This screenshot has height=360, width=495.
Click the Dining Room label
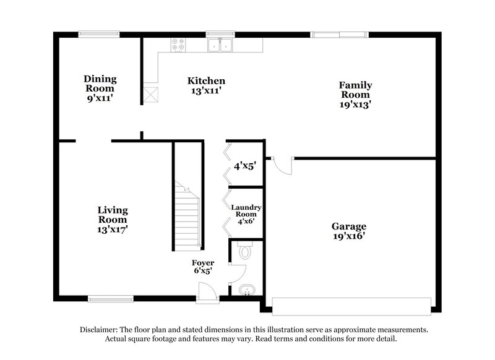pyautogui.click(x=100, y=84)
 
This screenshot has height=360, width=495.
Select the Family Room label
pyautogui.click(x=355, y=90)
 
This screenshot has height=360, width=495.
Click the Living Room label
pyautogui.click(x=113, y=215)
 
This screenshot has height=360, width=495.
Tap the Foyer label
pyautogui.click(x=202, y=263)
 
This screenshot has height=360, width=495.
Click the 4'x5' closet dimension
pyautogui.click(x=244, y=166)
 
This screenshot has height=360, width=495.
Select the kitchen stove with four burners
pyautogui.click(x=178, y=45)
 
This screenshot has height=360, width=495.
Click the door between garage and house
pyautogui.click(x=282, y=165)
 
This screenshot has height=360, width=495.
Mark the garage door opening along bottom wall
pyautogui.click(x=351, y=306)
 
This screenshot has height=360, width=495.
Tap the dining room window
pyautogui.click(x=99, y=35)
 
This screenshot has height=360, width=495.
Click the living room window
pyautogui.click(x=110, y=299)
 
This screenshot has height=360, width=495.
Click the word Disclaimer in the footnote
pyautogui.click(x=100, y=330)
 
